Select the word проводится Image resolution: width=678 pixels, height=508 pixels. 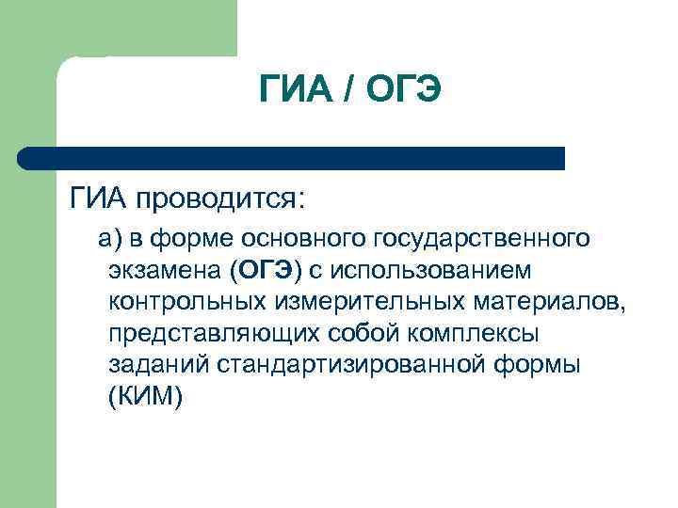click(x=219, y=200)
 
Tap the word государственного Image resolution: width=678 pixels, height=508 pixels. click(x=485, y=240)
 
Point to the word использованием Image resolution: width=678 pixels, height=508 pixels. click(x=439, y=271)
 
